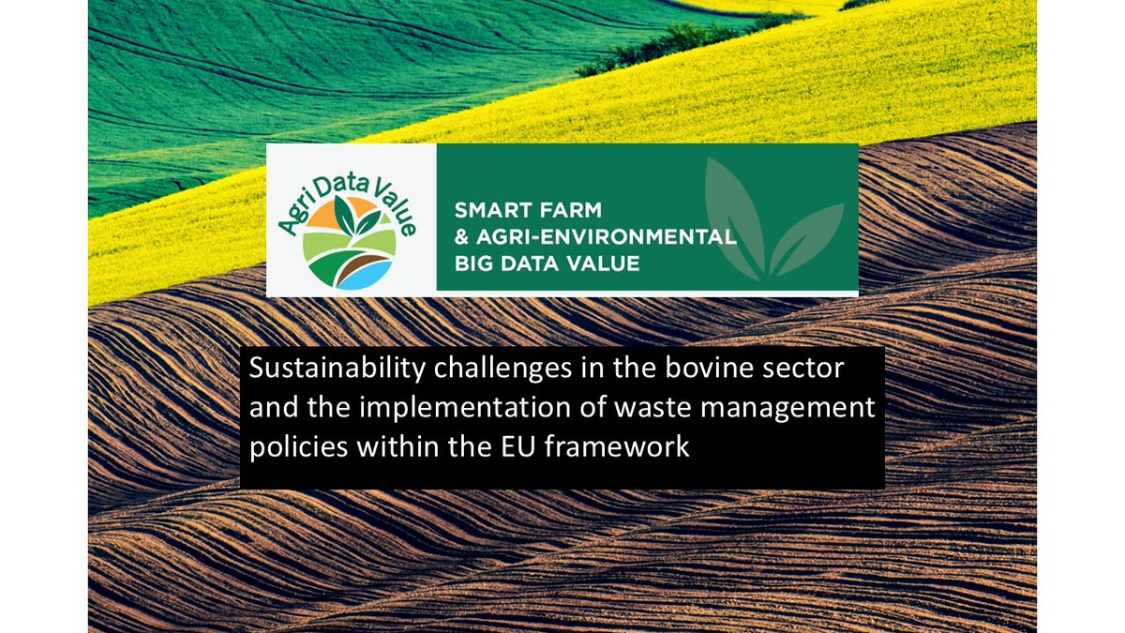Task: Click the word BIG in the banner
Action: [472, 264]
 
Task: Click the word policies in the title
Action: [292, 448]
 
